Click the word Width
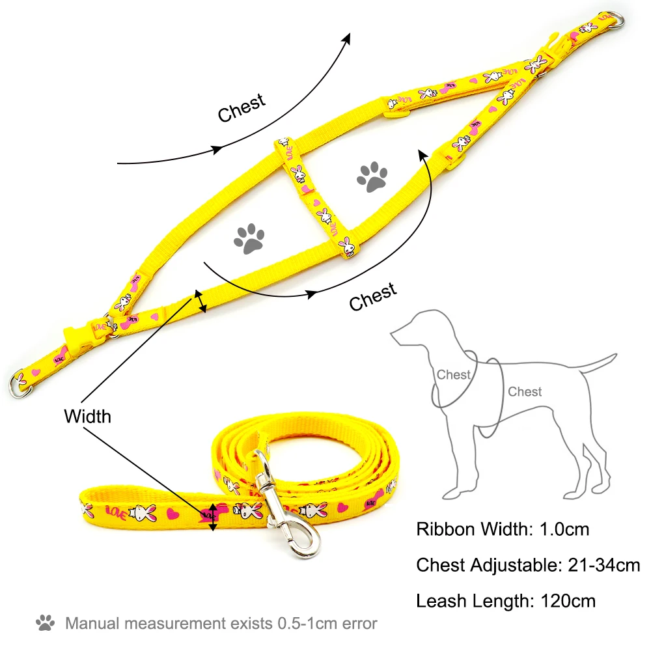(87, 416)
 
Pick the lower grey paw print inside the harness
(249, 238)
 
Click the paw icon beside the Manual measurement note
(46, 622)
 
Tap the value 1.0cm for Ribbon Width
(564, 529)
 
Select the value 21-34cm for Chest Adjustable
(600, 565)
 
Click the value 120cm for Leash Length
(568, 601)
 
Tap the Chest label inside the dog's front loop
(453, 374)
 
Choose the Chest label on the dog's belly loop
(525, 392)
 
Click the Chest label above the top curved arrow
(242, 107)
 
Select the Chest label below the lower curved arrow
(372, 297)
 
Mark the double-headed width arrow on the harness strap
(201, 301)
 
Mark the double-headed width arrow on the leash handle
(212, 517)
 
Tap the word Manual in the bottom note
(92, 623)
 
